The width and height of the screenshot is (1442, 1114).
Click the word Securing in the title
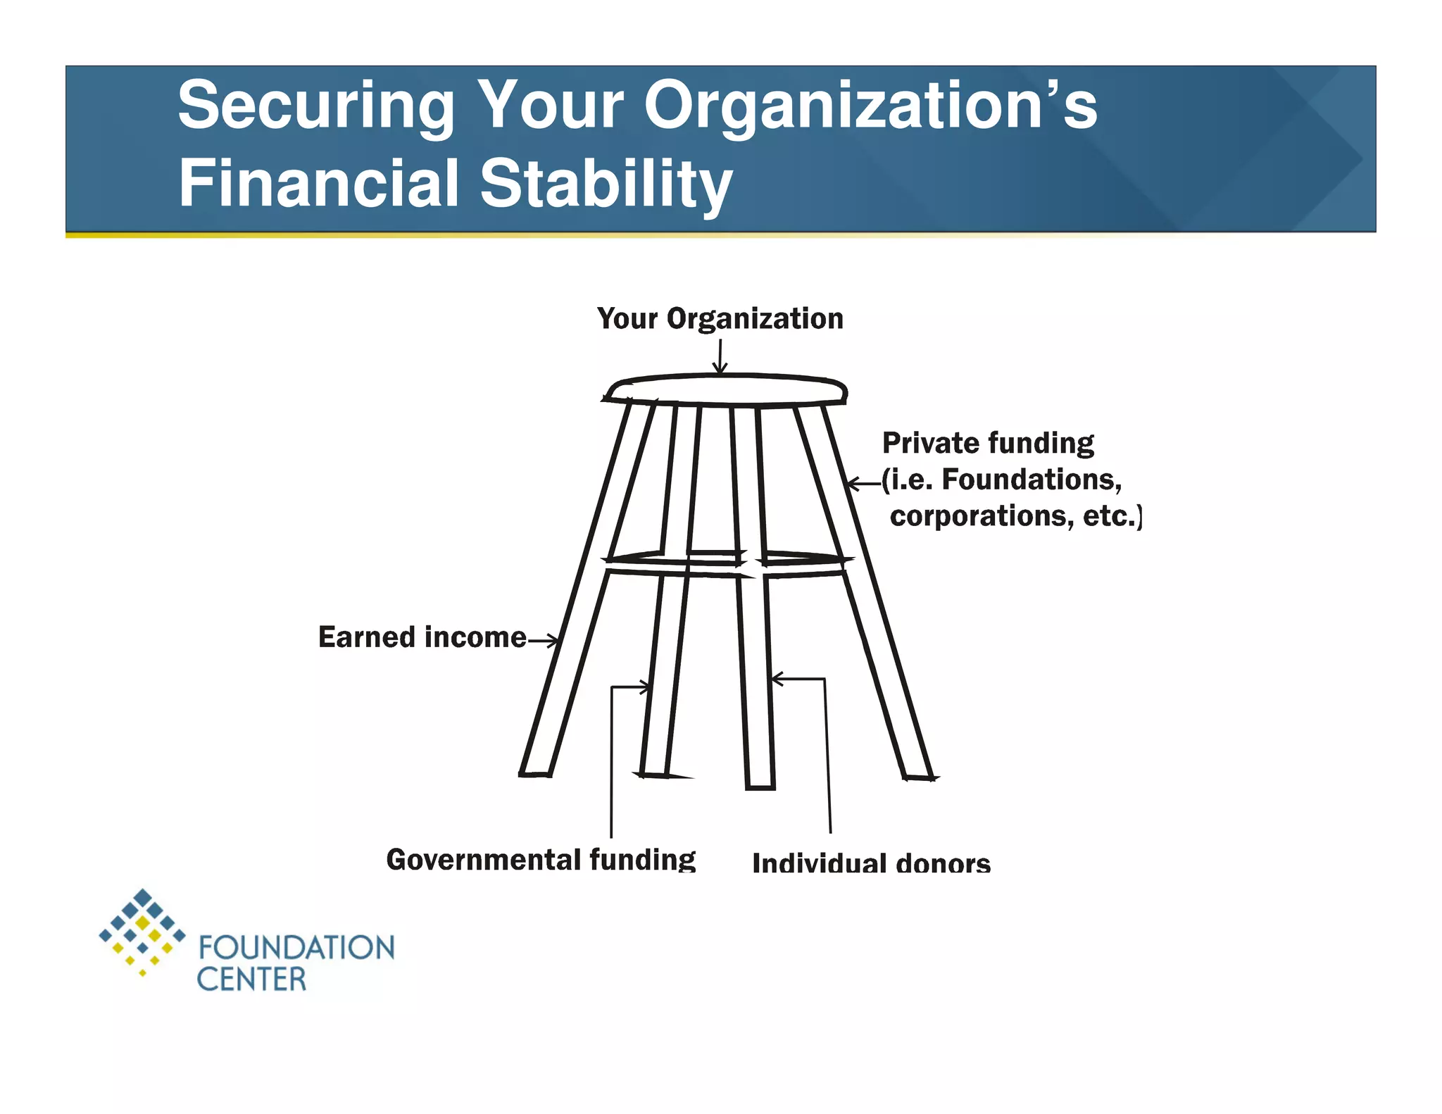pyautogui.click(x=316, y=106)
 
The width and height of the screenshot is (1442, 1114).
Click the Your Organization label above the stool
pyautogui.click(x=720, y=319)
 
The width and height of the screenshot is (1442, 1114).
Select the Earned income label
pyautogui.click(x=422, y=637)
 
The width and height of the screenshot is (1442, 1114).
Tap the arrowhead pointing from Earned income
pyautogui.click(x=553, y=641)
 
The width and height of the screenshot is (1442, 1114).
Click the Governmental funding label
pyautogui.click(x=541, y=860)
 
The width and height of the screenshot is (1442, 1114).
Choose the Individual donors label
pyautogui.click(x=871, y=863)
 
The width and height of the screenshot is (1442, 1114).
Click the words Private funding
pyautogui.click(x=988, y=444)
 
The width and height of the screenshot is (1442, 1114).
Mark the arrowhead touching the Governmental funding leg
pyautogui.click(x=645, y=687)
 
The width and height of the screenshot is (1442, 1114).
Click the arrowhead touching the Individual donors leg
pyautogui.click(x=777, y=679)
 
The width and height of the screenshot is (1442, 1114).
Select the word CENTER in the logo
pyautogui.click(x=251, y=980)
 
